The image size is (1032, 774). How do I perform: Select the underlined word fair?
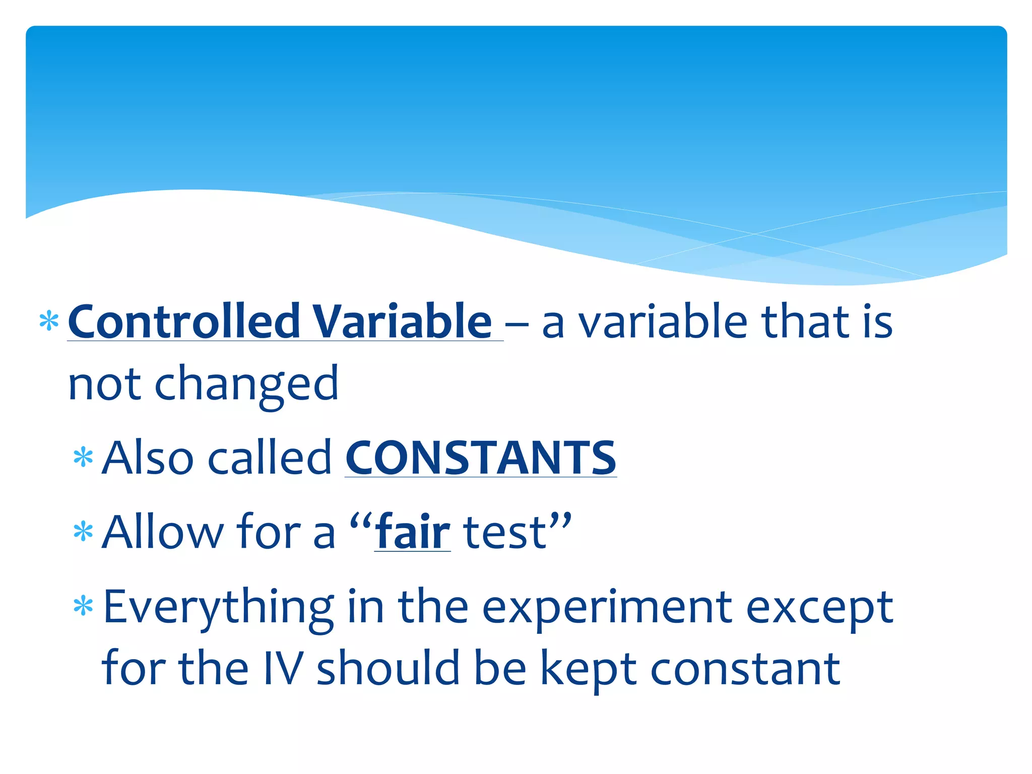413,532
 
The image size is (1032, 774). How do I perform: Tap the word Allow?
162,532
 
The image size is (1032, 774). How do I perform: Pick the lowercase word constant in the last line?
745,668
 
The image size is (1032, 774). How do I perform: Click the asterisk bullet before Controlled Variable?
49,321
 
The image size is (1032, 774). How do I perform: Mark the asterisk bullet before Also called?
83,458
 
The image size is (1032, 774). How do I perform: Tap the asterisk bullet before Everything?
83,606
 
